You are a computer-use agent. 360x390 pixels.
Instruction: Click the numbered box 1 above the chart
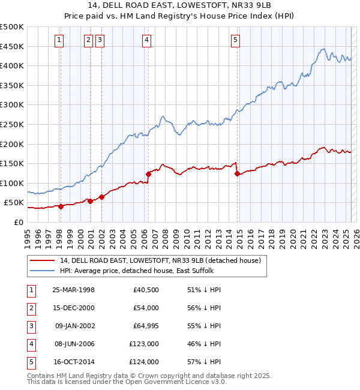coord(59,40)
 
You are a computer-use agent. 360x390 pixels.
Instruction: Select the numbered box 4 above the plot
coord(146,40)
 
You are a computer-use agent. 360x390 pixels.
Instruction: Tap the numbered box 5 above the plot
coord(235,40)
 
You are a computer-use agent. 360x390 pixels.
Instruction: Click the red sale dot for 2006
coord(148,174)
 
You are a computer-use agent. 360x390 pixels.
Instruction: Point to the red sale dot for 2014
coord(237,174)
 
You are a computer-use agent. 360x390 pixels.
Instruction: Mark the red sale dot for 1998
coord(61,206)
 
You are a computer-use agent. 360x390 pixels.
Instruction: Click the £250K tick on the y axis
coord(12,124)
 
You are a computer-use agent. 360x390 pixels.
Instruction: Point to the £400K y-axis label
coord(12,65)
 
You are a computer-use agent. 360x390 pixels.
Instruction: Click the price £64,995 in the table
coord(143,326)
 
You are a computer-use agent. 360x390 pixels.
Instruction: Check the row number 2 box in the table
coord(30,308)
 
